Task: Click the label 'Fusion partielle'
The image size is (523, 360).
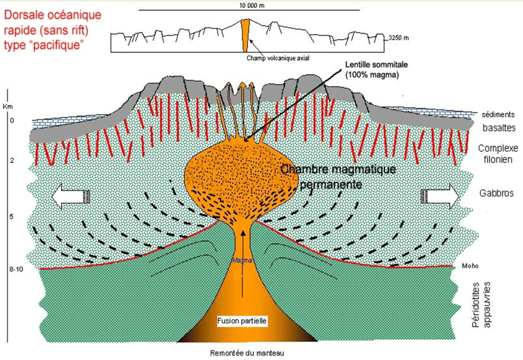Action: click(x=242, y=321)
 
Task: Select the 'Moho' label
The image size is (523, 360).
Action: click(x=461, y=266)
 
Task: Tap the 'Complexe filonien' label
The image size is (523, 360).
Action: click(x=498, y=154)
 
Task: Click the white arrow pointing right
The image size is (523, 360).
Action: click(x=440, y=196)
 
